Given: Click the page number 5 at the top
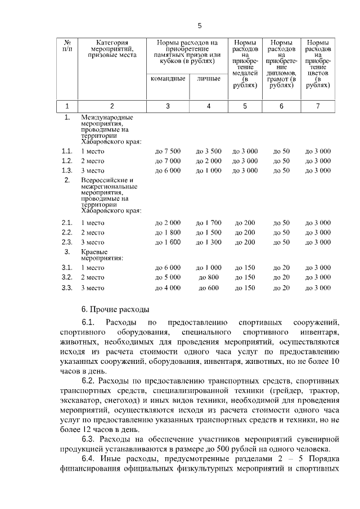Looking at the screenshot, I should coord(199,26).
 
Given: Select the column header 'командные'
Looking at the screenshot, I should coord(168,79).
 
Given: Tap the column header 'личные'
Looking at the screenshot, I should coord(208,79).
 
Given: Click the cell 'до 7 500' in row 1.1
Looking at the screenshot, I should coord(168,151).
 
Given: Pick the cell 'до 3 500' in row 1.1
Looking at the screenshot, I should coord(208,151).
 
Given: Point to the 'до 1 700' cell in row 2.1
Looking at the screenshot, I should coord(208,223).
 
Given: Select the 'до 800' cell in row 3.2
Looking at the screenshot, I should coord(208,277).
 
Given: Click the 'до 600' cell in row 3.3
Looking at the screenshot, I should coord(208,287).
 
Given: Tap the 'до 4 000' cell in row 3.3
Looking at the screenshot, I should coord(168,287).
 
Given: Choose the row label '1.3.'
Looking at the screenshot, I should coord(67,170).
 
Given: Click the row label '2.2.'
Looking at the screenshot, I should coord(67,232).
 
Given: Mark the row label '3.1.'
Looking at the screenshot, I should coord(67,268).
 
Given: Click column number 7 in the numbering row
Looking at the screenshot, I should coord(318,106).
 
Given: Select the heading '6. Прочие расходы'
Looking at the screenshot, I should coord(115,309).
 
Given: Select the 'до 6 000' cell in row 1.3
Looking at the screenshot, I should coord(168,170).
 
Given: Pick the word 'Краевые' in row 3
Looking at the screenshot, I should coord(94,251).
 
